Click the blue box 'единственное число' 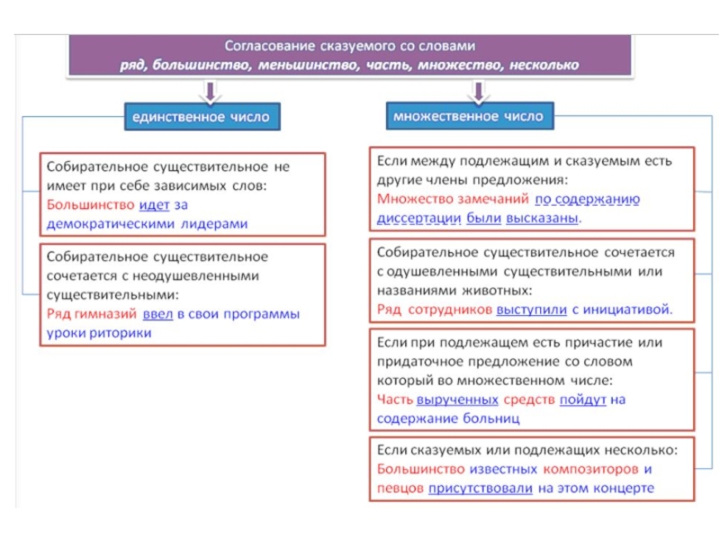[200, 117]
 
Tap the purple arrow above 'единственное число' [209, 90]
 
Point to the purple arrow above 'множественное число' [478, 90]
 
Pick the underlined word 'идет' [154, 206]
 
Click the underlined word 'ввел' [156, 314]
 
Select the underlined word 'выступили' [531, 310]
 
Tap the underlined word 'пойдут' [582, 400]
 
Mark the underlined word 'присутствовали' [481, 489]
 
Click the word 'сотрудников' [450, 310]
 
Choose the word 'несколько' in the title [544, 65]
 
